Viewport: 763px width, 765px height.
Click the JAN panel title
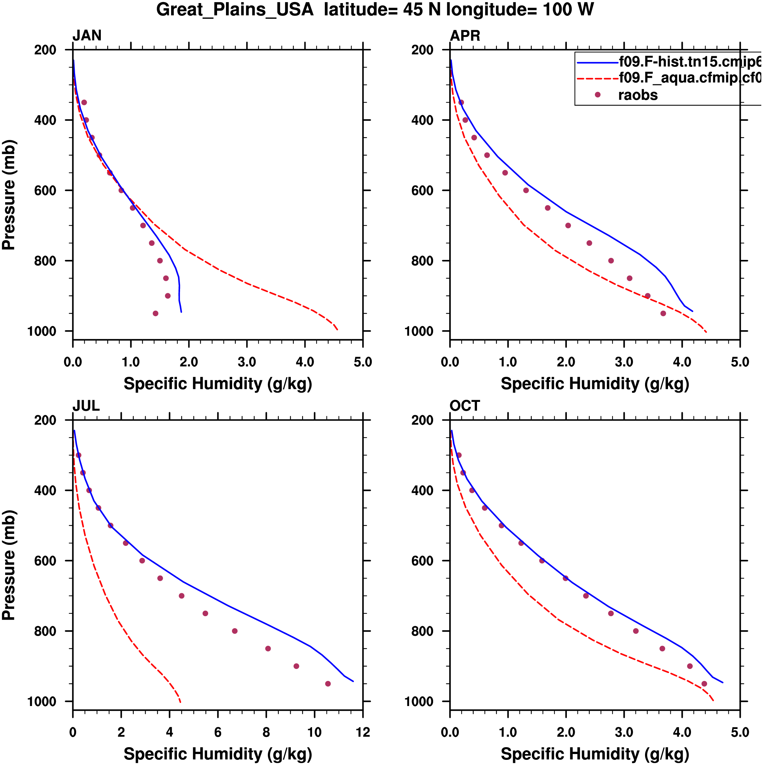click(87, 36)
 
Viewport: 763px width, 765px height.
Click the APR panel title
click(465, 36)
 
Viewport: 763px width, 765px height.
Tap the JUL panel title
click(86, 406)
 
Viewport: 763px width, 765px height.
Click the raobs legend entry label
click(637, 95)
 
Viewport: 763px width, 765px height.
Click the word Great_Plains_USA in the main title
click(235, 10)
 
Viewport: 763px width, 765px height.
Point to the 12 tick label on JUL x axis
click(363, 732)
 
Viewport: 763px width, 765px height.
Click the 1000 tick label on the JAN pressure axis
click(42, 332)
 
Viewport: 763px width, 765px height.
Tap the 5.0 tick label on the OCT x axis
click(740, 732)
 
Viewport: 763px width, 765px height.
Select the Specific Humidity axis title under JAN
click(218, 384)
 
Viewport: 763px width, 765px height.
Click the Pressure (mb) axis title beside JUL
click(9, 565)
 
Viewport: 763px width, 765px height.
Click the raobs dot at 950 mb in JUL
click(328, 684)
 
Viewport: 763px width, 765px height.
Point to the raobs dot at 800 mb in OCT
click(636, 631)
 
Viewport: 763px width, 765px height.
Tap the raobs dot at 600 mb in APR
click(526, 190)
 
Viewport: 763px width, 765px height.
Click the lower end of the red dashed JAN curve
click(337, 330)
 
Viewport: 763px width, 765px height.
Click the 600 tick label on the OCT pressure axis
click(422, 561)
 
